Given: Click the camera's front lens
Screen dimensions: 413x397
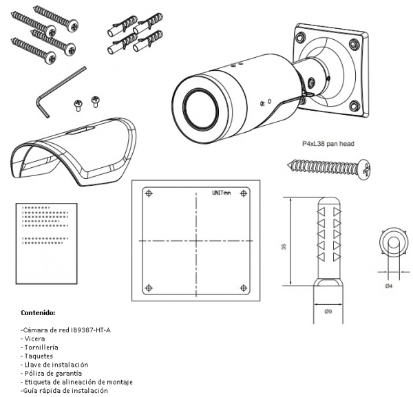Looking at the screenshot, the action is (202, 107).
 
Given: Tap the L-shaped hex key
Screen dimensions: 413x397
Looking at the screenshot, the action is (61, 92).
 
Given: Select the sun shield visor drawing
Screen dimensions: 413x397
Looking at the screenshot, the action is (74, 152).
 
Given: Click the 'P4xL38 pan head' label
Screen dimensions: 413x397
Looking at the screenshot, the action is (328, 144).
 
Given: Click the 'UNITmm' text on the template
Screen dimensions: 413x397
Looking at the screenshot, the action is (222, 193).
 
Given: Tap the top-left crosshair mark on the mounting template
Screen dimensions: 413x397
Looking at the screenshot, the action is (149, 193).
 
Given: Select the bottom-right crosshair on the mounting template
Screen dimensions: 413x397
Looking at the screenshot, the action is (244, 288).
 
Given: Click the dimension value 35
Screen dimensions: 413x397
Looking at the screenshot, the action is (284, 247).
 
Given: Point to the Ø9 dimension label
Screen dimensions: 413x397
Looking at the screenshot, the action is (328, 312).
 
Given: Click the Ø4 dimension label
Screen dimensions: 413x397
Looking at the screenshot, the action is (389, 286).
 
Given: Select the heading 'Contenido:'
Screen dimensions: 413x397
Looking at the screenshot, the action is (38, 313).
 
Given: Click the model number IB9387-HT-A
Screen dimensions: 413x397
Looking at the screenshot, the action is (91, 330).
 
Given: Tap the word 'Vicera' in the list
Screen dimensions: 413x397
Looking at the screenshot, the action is (34, 339).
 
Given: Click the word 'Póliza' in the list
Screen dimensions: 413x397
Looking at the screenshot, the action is (34, 374).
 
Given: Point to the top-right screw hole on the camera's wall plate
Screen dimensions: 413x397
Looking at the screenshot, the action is (354, 44).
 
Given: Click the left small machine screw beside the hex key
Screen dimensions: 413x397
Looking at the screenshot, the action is (78, 105).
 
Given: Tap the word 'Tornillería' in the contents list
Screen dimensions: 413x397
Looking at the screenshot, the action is (41, 347).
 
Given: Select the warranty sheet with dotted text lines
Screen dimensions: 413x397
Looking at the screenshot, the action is (47, 244).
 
